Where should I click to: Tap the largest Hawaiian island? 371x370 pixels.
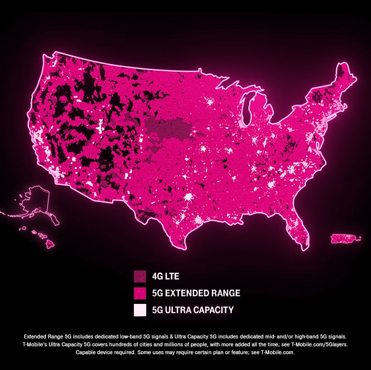(49, 243)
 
